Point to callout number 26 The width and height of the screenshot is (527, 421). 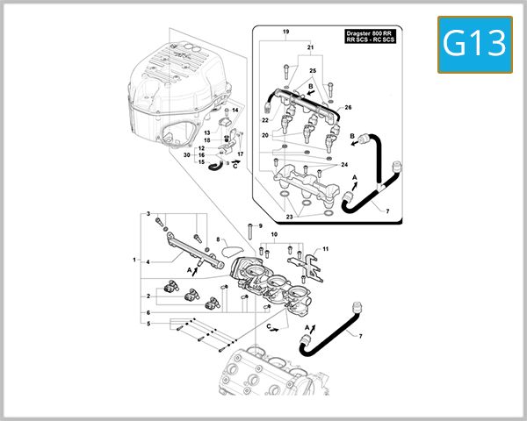pos(347,108)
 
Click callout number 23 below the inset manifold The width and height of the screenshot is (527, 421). pos(290,215)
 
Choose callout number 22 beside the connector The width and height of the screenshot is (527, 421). pos(264,119)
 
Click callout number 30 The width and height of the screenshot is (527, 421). pos(187,155)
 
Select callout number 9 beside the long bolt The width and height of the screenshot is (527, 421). pos(260,226)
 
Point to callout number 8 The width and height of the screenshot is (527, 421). pos(218,239)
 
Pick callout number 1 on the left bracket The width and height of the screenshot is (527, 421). pos(134,260)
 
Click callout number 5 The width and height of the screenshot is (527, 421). pos(148,324)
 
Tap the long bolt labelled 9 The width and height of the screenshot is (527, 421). pos(250,232)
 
